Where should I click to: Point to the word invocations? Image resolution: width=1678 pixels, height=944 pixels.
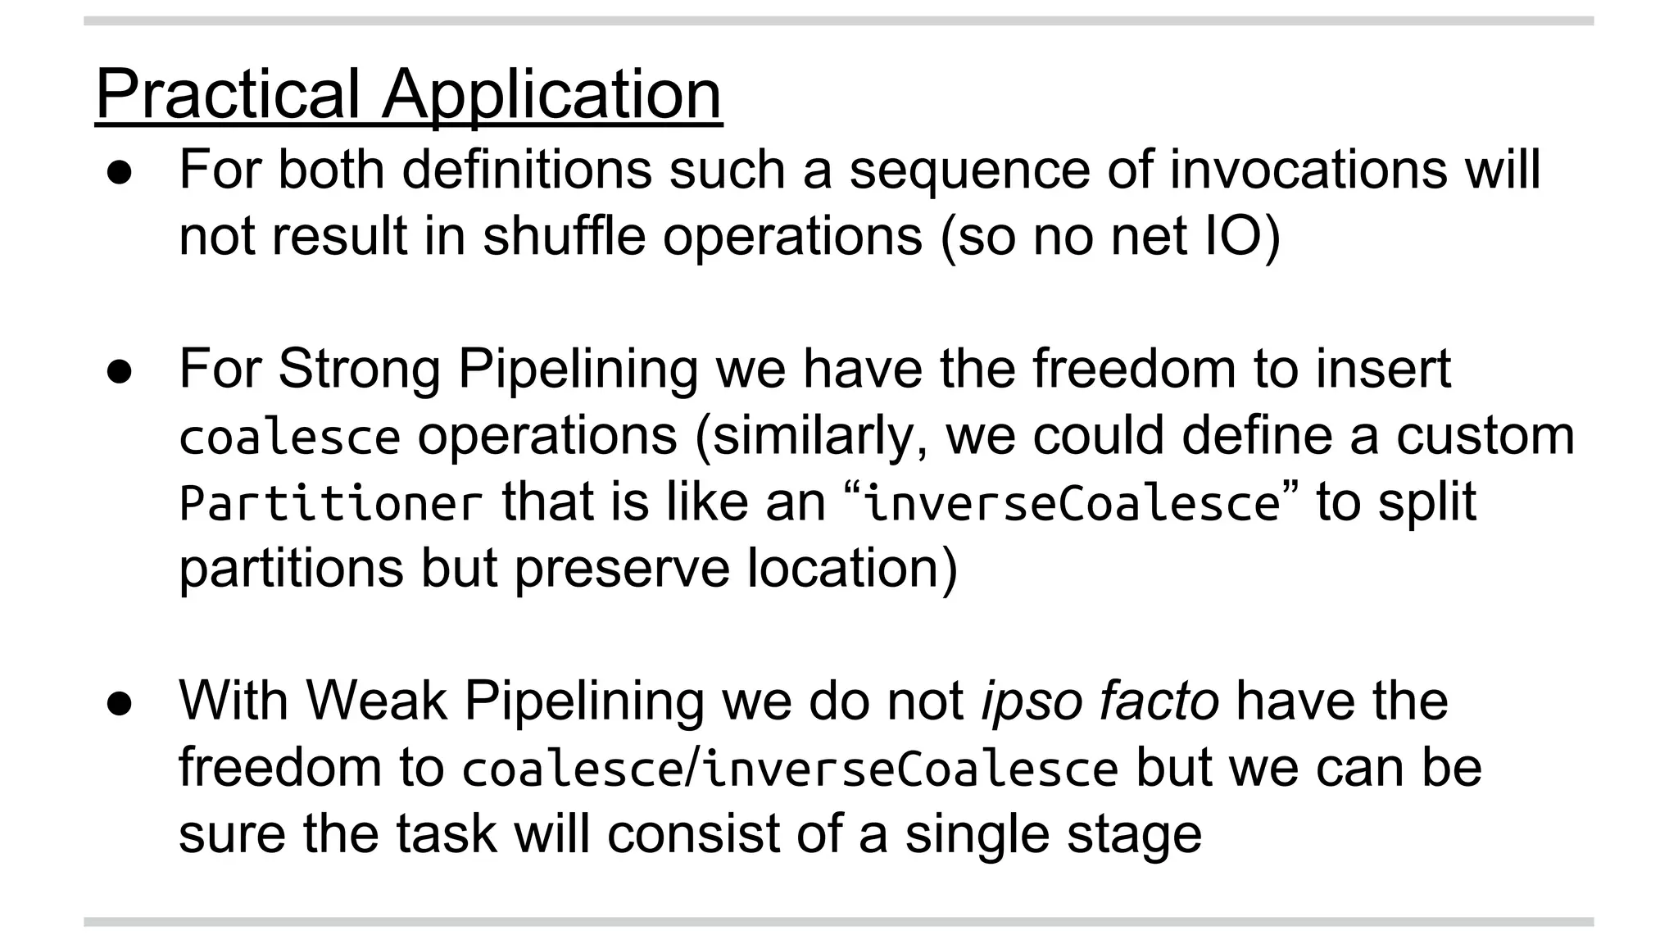1308,170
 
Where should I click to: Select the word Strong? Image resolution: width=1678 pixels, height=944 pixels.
359,369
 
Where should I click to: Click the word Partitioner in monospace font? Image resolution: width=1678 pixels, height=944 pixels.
331,502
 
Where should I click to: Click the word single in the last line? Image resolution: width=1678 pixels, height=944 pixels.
975,834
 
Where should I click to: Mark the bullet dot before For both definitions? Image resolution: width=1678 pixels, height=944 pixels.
120,173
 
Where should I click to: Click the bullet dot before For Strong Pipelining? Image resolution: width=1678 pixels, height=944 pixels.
120,372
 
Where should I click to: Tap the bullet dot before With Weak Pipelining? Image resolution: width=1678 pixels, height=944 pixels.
120,704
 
